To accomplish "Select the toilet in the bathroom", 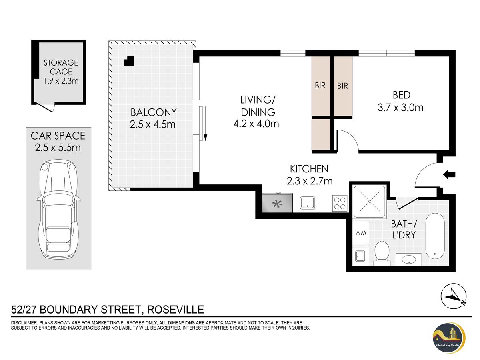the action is (382, 254).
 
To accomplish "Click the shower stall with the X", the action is (369, 202).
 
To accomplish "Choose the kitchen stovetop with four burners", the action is (340, 203).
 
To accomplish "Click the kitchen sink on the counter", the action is (307, 203).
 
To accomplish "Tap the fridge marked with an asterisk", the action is (277, 203).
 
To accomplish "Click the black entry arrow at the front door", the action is (449, 175).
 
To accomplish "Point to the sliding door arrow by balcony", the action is (205, 124).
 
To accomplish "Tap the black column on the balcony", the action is (129, 61).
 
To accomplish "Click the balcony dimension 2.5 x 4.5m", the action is (153, 124).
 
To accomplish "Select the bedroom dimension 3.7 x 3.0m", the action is (400, 108).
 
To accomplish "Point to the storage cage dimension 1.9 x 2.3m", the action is (61, 81).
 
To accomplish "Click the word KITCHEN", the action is (309, 169).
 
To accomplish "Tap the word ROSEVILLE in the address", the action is (176, 310).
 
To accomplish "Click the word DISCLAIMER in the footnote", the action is (24, 323).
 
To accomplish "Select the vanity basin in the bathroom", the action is (409, 260).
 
